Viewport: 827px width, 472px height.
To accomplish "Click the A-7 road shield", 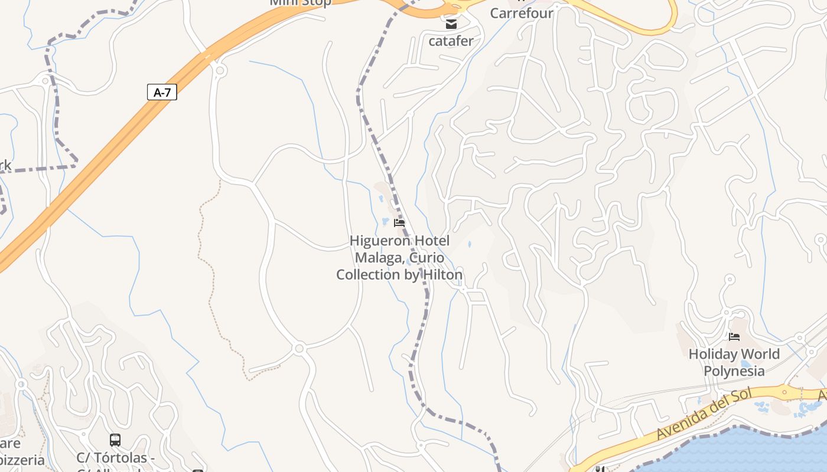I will click(x=162, y=92).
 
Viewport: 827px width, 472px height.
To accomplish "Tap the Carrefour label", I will click(x=522, y=13).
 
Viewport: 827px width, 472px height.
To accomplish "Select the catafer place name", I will click(x=451, y=41).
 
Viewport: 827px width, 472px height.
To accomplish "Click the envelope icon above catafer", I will click(x=451, y=24).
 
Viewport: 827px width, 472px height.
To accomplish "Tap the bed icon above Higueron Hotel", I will click(x=399, y=223).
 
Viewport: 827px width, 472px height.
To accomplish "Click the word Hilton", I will click(x=442, y=274).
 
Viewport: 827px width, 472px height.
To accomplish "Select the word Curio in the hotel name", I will click(x=426, y=258).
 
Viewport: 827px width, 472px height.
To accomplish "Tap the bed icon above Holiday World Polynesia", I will click(x=734, y=337).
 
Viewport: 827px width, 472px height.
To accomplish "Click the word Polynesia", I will click(x=734, y=371).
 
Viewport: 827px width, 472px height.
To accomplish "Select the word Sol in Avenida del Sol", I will click(x=741, y=396).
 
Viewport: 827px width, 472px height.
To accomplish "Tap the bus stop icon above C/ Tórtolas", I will click(x=115, y=440).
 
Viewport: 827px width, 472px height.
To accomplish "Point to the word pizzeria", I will click(x=22, y=460).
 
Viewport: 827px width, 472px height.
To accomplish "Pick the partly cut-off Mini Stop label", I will click(x=300, y=2).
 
